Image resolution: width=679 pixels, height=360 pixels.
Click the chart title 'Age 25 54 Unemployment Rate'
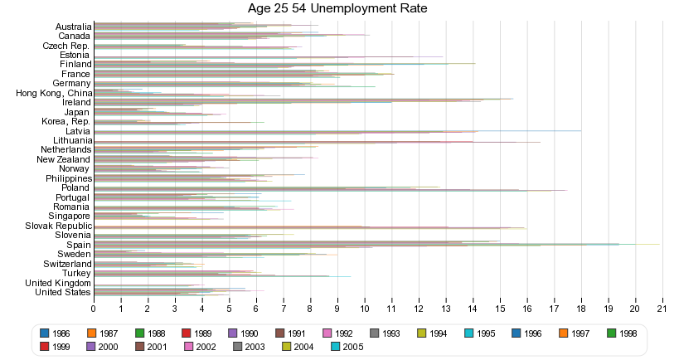coord(338,9)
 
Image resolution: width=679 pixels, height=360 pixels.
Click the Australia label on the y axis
coord(68,27)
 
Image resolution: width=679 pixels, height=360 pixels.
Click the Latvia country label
coord(76,131)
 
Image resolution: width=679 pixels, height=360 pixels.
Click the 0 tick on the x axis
coord(94,309)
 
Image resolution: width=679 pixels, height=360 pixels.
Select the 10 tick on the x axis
coord(365,309)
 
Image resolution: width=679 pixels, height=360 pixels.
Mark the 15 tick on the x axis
coord(500,309)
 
